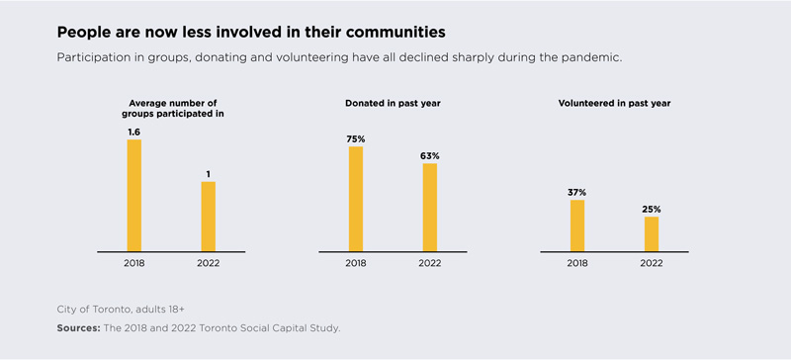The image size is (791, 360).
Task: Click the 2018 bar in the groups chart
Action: [134, 196]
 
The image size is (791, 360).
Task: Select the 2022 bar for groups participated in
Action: [209, 217]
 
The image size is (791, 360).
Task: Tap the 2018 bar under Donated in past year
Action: [356, 199]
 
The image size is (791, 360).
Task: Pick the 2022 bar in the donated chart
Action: [430, 208]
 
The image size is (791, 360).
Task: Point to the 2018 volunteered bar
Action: [577, 225]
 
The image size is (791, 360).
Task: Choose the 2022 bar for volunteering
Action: [652, 234]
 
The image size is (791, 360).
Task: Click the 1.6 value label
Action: [134, 132]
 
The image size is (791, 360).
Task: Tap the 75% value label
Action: [356, 138]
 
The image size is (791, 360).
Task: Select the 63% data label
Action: [430, 155]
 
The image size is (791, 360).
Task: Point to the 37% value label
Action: [577, 193]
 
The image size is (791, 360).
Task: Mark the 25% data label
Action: [652, 209]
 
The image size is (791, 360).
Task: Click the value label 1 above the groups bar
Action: [209, 174]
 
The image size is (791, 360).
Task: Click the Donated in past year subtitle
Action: [393, 104]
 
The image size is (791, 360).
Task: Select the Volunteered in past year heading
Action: [614, 104]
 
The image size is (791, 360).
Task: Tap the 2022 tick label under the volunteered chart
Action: [652, 263]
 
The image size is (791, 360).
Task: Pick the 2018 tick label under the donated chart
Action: [356, 263]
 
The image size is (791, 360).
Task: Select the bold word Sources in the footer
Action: [79, 328]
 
